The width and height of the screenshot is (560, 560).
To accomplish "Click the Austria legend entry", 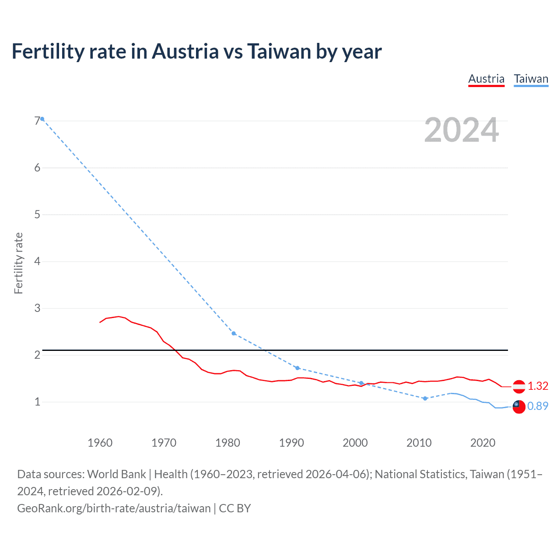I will pos(486,79).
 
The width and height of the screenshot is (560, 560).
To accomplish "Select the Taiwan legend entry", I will pos(531,79).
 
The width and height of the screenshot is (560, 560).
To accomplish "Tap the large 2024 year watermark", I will pos(461,130).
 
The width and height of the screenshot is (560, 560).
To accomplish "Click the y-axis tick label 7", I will pos(37,121).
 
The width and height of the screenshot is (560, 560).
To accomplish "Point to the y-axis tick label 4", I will pos(37,261).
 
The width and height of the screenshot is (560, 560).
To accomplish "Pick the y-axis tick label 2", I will pos(37,355).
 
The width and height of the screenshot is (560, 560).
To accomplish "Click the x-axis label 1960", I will pos(100,443).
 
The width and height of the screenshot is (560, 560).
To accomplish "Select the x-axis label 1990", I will pos(291,443).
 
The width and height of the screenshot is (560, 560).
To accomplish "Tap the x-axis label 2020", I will pos(483,443).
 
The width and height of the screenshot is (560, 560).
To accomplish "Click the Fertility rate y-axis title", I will pos(18,263).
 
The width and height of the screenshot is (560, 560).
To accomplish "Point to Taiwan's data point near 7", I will pos(42,119).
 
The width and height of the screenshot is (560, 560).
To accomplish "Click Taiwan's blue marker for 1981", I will pos(234,333).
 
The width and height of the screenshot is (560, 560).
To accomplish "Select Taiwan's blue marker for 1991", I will pos(297,368).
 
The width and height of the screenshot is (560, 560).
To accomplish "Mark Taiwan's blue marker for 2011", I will pos(425,399).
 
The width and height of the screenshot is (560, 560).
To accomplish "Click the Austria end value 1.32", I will pos(538,386).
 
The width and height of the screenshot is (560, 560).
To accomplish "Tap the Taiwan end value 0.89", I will pos(538,406).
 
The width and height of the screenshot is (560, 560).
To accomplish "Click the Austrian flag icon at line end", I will pos(519,386).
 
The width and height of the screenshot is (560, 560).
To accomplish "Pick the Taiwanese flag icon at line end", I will pos(519,406).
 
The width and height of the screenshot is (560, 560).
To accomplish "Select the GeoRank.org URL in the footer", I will pos(114,508).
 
